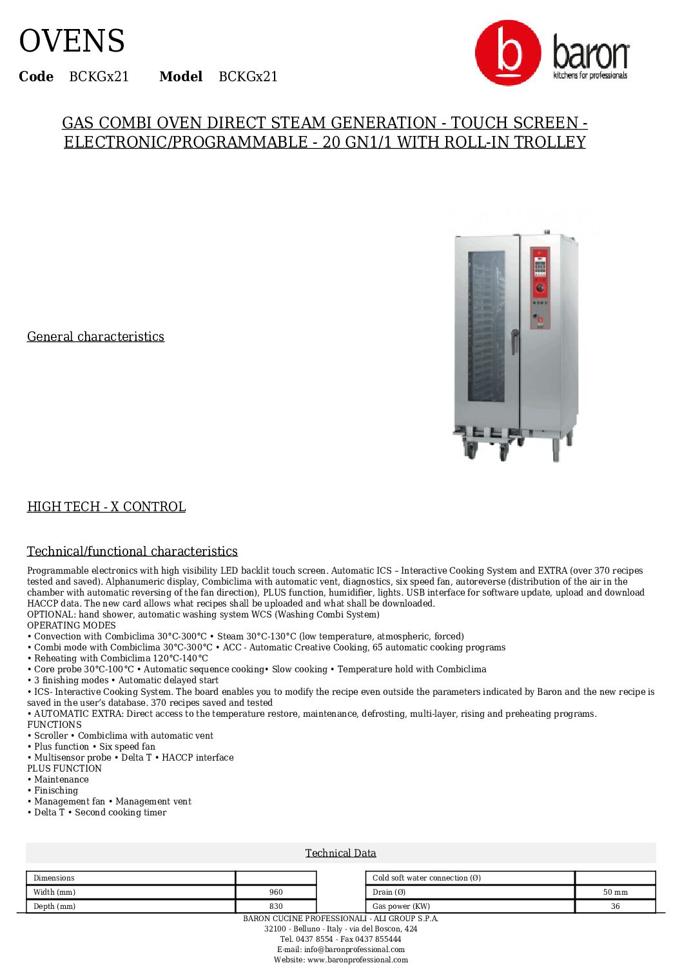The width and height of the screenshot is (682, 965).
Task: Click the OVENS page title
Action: pos(72,42)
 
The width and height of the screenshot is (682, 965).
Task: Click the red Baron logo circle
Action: pos(507,53)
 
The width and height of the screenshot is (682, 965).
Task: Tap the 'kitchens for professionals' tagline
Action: pos(590,75)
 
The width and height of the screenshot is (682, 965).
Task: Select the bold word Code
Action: pos(36,77)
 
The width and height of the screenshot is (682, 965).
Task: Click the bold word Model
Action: pos(180,77)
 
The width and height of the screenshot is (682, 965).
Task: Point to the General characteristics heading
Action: pos(95,336)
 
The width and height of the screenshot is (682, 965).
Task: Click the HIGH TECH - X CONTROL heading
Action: pos(106,507)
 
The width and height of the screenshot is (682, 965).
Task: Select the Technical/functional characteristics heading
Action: pos(132,551)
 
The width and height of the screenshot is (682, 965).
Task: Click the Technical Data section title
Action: pos(340,853)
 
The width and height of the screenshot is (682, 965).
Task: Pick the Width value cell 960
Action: pos(276,892)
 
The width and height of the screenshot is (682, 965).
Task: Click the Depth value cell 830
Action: pos(276,906)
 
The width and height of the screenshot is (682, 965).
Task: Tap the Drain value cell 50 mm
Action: pos(615,892)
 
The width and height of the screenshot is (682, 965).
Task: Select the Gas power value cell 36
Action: pos(615,906)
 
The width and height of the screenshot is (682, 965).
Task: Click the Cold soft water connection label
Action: pos(427,878)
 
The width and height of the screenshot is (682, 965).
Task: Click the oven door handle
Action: pos(514,341)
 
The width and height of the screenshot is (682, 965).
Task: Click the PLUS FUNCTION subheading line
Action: pos(64,768)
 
